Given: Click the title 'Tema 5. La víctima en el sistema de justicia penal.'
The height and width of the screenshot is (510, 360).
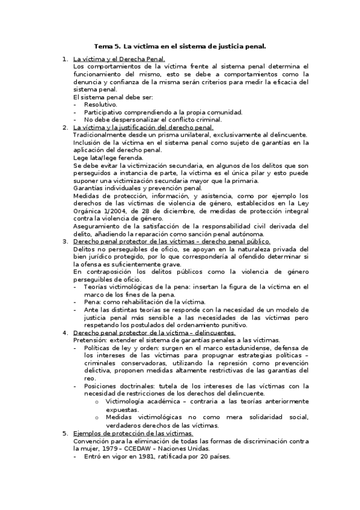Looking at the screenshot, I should (180, 45).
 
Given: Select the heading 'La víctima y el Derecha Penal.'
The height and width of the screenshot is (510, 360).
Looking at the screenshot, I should (118, 60).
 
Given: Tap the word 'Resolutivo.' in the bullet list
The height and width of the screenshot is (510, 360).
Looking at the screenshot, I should (100, 105).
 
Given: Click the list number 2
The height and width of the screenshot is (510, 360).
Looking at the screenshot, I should (66, 127).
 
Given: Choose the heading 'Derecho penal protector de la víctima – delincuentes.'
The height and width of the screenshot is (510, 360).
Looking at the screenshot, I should (154, 332).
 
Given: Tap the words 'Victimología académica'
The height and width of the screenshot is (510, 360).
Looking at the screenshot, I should (139, 401).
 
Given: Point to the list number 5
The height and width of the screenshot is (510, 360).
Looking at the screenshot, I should (66, 433).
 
